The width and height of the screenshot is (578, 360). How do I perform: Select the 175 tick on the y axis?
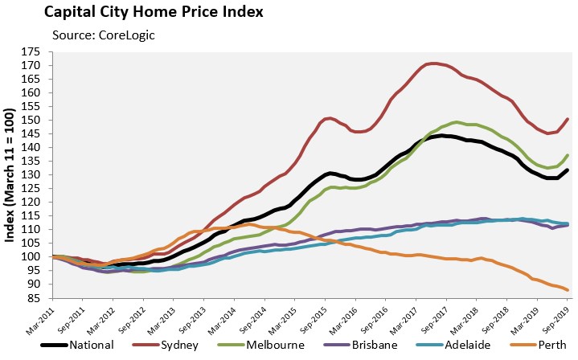(x=31, y=51)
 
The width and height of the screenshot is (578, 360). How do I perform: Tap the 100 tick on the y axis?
(x=31, y=256)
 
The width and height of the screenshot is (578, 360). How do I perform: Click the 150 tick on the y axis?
(x=31, y=120)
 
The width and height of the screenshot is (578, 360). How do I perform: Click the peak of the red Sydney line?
(x=435, y=63)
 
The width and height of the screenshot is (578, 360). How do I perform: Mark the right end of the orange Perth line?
(x=568, y=290)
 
